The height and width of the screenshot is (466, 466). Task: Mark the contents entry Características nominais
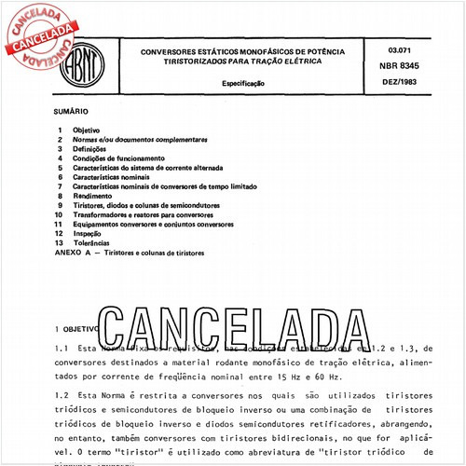118,177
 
